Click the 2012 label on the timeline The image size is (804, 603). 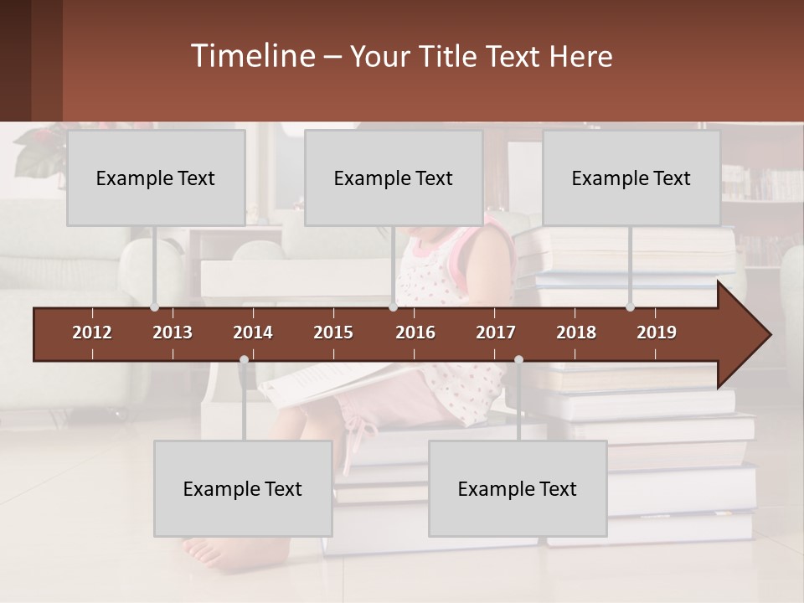(92, 332)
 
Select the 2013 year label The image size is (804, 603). (173, 332)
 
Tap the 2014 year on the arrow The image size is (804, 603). (253, 332)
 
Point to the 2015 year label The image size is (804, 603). (333, 332)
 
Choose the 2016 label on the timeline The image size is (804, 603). (415, 332)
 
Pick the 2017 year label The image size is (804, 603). (496, 332)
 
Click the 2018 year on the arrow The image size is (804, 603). (576, 332)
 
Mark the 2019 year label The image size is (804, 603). (657, 332)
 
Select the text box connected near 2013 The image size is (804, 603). (156, 178)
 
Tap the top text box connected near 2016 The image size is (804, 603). (394, 178)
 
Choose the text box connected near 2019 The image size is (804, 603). (631, 178)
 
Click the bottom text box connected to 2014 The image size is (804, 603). (243, 488)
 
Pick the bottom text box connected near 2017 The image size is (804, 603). (518, 488)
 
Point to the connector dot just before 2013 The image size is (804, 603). (154, 307)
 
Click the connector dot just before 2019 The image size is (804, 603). (630, 307)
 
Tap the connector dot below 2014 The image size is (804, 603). (244, 360)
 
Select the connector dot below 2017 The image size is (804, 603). (518, 360)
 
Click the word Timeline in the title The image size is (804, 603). (251, 56)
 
